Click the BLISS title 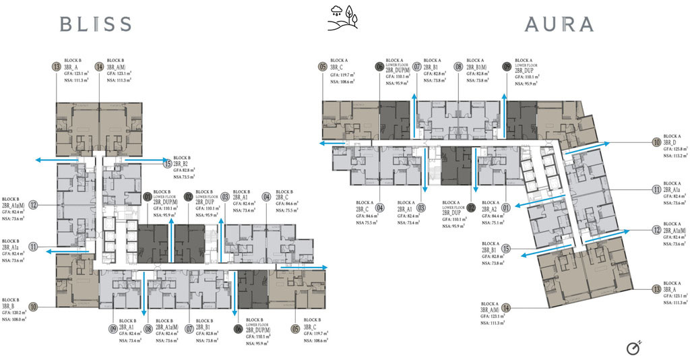pyautogui.click(x=96, y=24)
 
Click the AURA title pyautogui.click(x=559, y=24)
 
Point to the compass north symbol pyautogui.click(x=633, y=348)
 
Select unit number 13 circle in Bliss pyautogui.click(x=56, y=66)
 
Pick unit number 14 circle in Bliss pyautogui.click(x=100, y=66)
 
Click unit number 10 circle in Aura pyautogui.click(x=656, y=142)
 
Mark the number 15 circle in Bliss pyautogui.click(x=167, y=162)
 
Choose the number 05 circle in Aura pyautogui.click(x=323, y=66)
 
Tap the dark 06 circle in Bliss pyautogui.click(x=238, y=329)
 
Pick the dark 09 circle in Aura pyautogui.click(x=506, y=66)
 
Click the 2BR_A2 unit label pyautogui.click(x=489, y=209)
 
